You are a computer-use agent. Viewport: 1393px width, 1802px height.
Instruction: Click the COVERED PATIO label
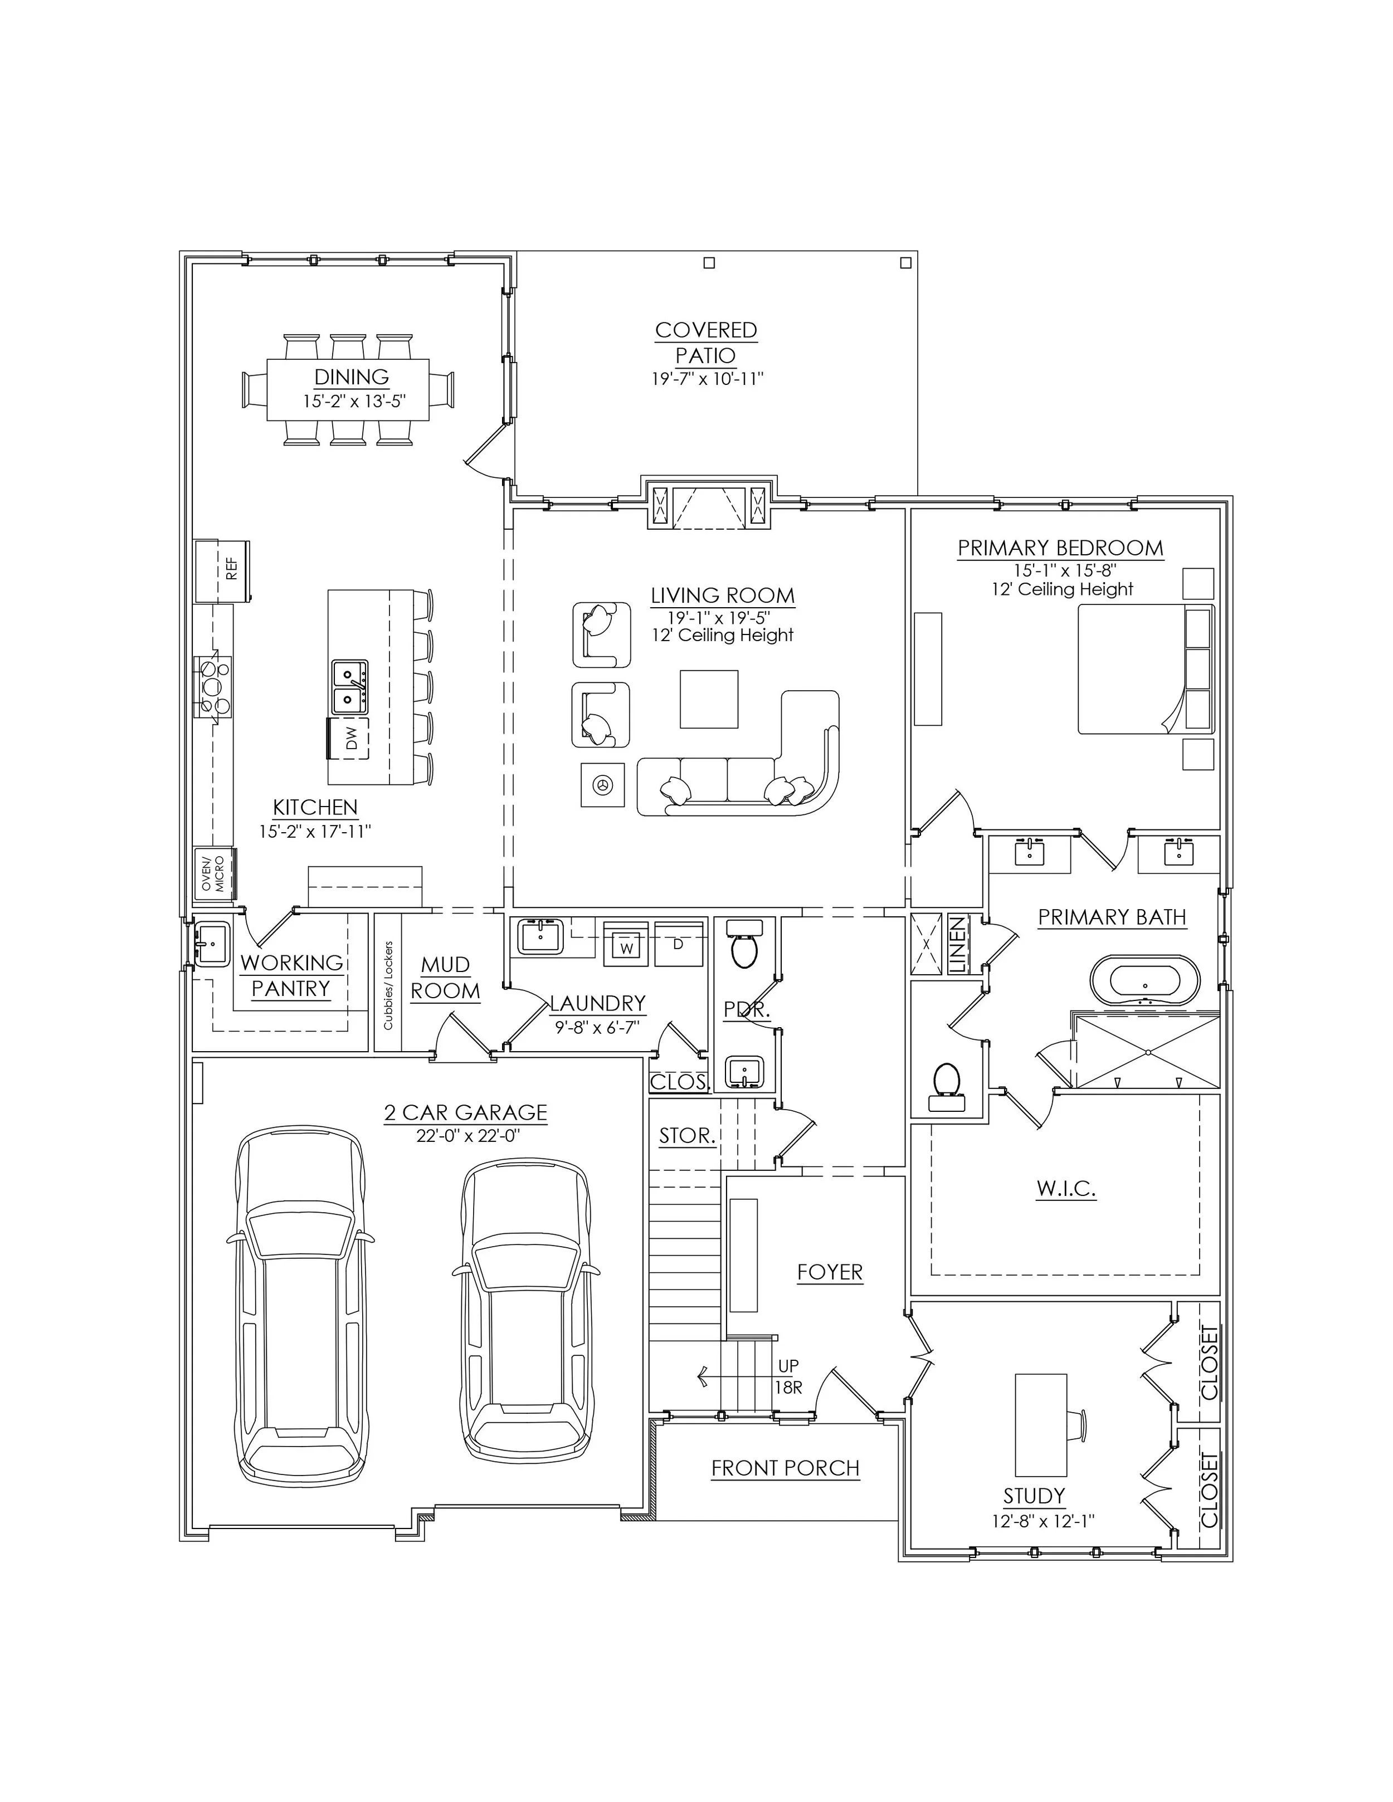click(705, 343)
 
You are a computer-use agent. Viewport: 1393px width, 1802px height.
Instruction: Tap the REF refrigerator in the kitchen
click(222, 569)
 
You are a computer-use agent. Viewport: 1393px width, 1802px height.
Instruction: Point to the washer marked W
click(627, 946)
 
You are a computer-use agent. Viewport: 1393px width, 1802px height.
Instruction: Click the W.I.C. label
click(1065, 1189)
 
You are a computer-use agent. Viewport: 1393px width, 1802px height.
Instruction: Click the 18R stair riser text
click(788, 1388)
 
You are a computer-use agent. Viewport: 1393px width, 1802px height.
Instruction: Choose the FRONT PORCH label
click(785, 1468)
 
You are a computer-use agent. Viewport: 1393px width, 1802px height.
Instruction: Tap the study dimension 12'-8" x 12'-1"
click(1043, 1521)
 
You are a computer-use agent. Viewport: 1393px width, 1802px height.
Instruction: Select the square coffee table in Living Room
click(708, 699)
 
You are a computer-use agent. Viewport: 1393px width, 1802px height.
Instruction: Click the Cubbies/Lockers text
click(388, 985)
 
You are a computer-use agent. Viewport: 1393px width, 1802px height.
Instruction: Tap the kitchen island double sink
click(350, 686)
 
